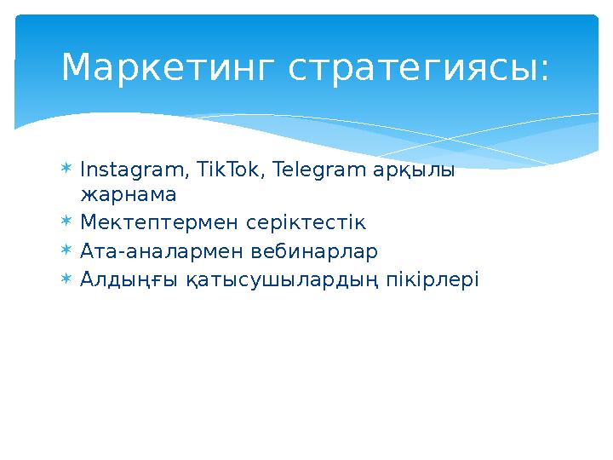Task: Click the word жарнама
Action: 128,195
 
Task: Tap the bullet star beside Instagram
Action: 67,169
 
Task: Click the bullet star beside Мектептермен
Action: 67,222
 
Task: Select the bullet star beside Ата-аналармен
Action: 67,250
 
